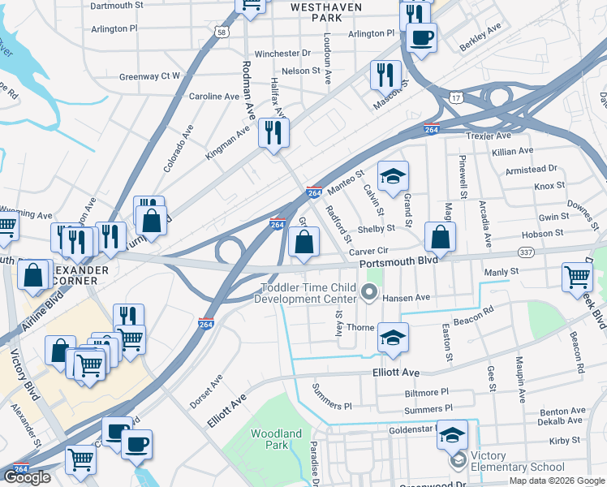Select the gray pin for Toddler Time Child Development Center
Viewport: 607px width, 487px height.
[x=370, y=292]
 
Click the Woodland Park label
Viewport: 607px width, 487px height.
[x=276, y=439]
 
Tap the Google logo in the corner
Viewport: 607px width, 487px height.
[x=27, y=477]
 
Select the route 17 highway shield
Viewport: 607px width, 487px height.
[x=457, y=98]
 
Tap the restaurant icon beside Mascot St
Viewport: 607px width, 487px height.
[x=385, y=75]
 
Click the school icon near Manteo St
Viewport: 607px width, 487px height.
[x=393, y=175]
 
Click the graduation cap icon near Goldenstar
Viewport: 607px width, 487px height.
[x=452, y=435]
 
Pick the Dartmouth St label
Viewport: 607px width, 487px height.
[x=116, y=5]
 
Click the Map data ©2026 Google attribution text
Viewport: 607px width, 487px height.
[x=556, y=481]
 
